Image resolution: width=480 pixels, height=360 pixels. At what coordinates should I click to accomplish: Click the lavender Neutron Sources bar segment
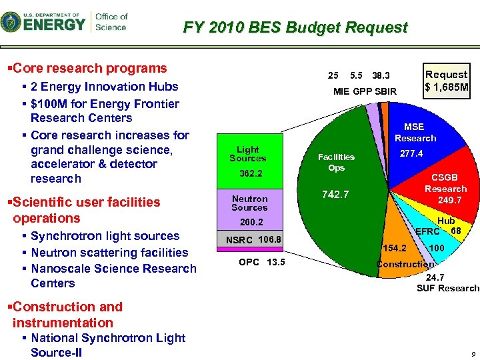[x=249, y=209]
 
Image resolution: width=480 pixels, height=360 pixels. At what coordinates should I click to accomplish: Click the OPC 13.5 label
[x=261, y=261]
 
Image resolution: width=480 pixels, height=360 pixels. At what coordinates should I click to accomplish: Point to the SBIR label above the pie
[x=385, y=91]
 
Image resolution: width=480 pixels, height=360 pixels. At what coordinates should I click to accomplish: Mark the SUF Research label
[x=447, y=288]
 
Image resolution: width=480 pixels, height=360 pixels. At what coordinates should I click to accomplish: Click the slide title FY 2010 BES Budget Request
[x=295, y=28]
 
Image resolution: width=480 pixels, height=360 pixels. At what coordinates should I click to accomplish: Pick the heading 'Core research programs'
[x=89, y=68]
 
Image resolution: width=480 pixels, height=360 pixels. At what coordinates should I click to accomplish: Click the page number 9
[x=473, y=355]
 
